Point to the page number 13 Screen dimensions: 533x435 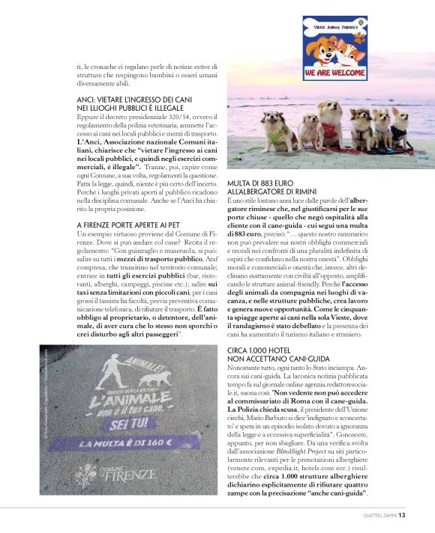(403, 514)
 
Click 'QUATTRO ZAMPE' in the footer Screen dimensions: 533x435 (379, 514)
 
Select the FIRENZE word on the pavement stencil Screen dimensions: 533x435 (132, 473)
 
